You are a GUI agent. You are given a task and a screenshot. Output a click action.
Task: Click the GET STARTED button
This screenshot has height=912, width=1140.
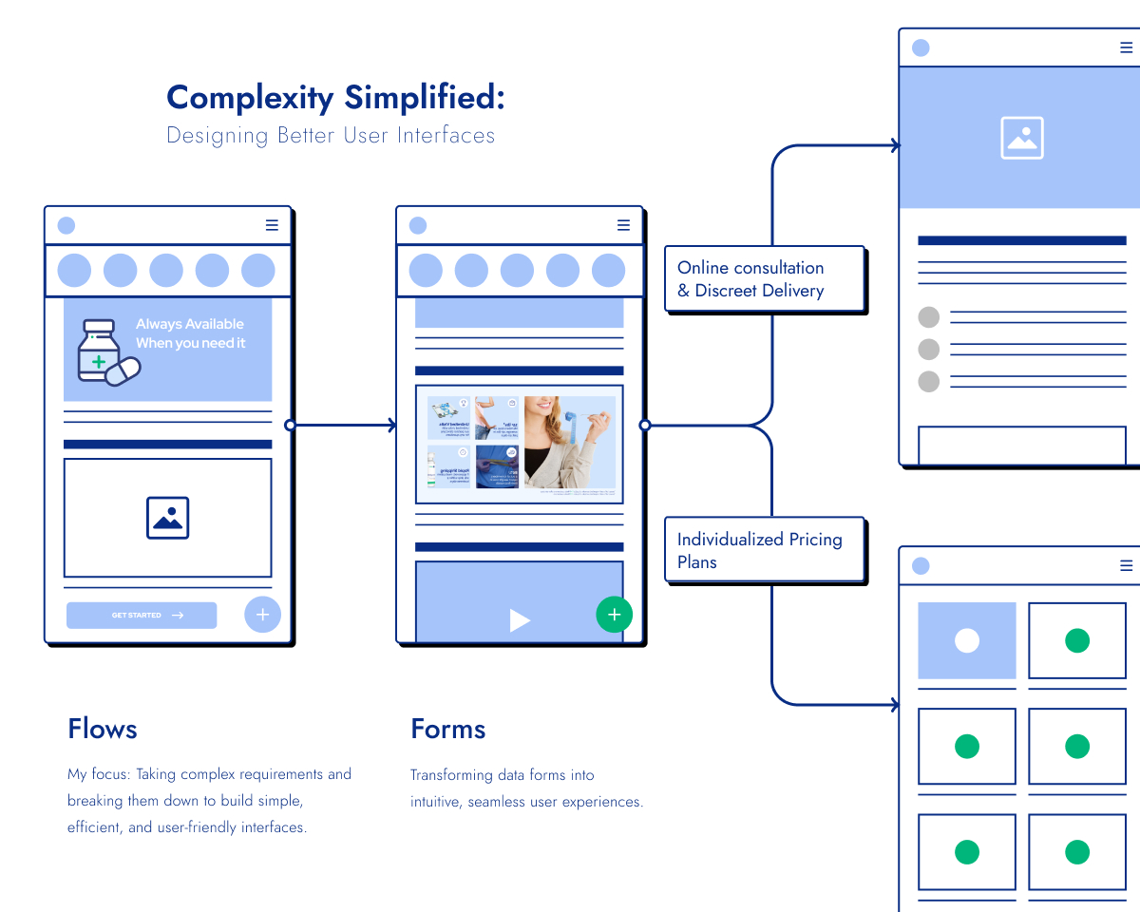tap(142, 616)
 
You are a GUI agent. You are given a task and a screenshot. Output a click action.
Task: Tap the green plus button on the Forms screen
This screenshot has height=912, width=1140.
tap(614, 615)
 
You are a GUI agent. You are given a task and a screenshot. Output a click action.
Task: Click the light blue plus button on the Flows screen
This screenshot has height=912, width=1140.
tap(262, 615)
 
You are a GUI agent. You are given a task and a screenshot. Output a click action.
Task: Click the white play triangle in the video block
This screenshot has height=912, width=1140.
tap(519, 620)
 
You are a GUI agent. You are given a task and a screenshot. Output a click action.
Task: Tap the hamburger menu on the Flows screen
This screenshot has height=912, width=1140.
tap(272, 225)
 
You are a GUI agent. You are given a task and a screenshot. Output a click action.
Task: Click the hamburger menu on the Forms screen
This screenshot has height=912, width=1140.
tap(623, 225)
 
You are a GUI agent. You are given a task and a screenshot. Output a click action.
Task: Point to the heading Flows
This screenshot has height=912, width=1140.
tap(103, 729)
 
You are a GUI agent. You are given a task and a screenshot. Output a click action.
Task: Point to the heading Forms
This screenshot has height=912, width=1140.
tap(447, 729)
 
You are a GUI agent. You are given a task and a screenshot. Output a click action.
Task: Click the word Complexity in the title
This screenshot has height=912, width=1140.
tap(250, 97)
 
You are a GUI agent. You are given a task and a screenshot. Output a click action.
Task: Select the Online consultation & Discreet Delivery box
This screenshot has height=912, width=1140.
tap(764, 279)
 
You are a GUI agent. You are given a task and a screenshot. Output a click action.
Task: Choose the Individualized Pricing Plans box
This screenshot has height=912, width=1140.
tap(764, 550)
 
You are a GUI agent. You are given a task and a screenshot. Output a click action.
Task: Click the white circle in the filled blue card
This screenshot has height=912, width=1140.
tap(966, 640)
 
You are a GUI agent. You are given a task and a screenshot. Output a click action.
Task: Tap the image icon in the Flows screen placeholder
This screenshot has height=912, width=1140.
tap(167, 518)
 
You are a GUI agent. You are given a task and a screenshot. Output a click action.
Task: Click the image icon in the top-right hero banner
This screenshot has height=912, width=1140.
tap(1021, 138)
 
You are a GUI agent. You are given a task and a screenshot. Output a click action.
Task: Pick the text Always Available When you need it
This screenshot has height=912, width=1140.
tap(190, 333)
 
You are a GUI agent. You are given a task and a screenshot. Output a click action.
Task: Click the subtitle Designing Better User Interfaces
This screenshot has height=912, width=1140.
tap(331, 135)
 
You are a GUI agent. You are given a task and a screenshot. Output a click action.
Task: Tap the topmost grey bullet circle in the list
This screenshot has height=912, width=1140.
tap(928, 317)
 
